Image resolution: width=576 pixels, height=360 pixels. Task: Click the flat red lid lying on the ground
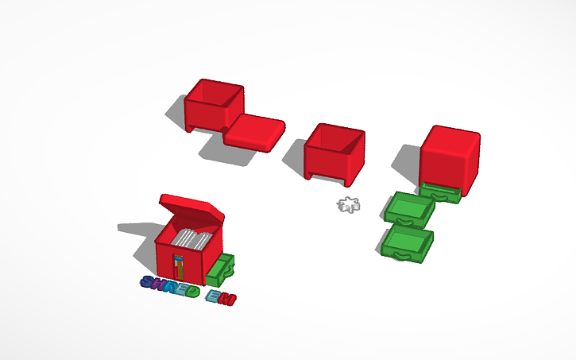pos(256,130)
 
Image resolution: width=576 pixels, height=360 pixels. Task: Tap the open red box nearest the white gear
pos(334,151)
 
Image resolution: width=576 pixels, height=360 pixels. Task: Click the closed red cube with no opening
pos(450,156)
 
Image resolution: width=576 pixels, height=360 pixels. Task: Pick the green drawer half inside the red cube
pos(441,192)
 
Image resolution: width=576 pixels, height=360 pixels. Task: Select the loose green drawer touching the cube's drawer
pos(409,208)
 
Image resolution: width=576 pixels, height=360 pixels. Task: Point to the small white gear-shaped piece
pos(348,205)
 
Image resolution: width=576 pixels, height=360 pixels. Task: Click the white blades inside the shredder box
pos(192,238)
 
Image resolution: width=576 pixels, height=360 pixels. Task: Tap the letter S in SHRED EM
pos(148,282)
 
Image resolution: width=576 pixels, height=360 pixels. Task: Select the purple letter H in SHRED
pos(160,285)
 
